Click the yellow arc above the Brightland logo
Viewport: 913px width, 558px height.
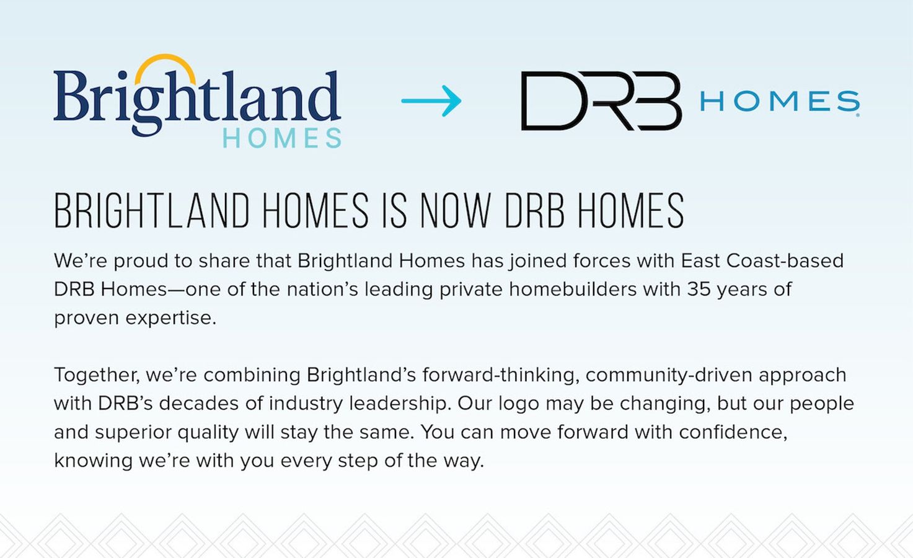165,62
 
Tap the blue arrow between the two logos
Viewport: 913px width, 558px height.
431,100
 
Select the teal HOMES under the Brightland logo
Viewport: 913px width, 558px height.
281,138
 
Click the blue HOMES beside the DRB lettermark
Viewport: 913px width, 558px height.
779,102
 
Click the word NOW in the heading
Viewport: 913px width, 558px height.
456,211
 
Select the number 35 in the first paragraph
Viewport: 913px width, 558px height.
699,289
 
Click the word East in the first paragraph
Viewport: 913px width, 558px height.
700,260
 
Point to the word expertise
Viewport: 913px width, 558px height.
170,317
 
